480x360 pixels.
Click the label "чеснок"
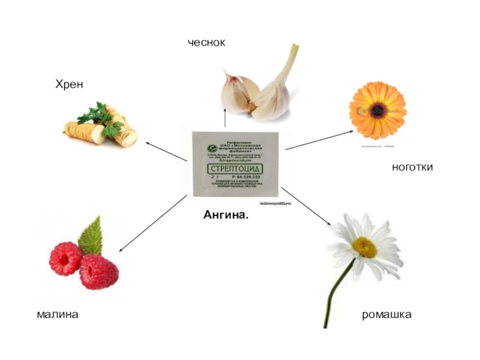(x=206, y=43)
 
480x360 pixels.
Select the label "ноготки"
(x=412, y=168)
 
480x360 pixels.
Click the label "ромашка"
(x=386, y=314)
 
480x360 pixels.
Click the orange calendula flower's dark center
(x=377, y=109)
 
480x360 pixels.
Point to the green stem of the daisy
(x=335, y=294)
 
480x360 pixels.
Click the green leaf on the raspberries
(x=91, y=236)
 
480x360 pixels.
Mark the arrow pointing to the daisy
(x=307, y=208)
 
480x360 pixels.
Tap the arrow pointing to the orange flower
(x=319, y=140)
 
